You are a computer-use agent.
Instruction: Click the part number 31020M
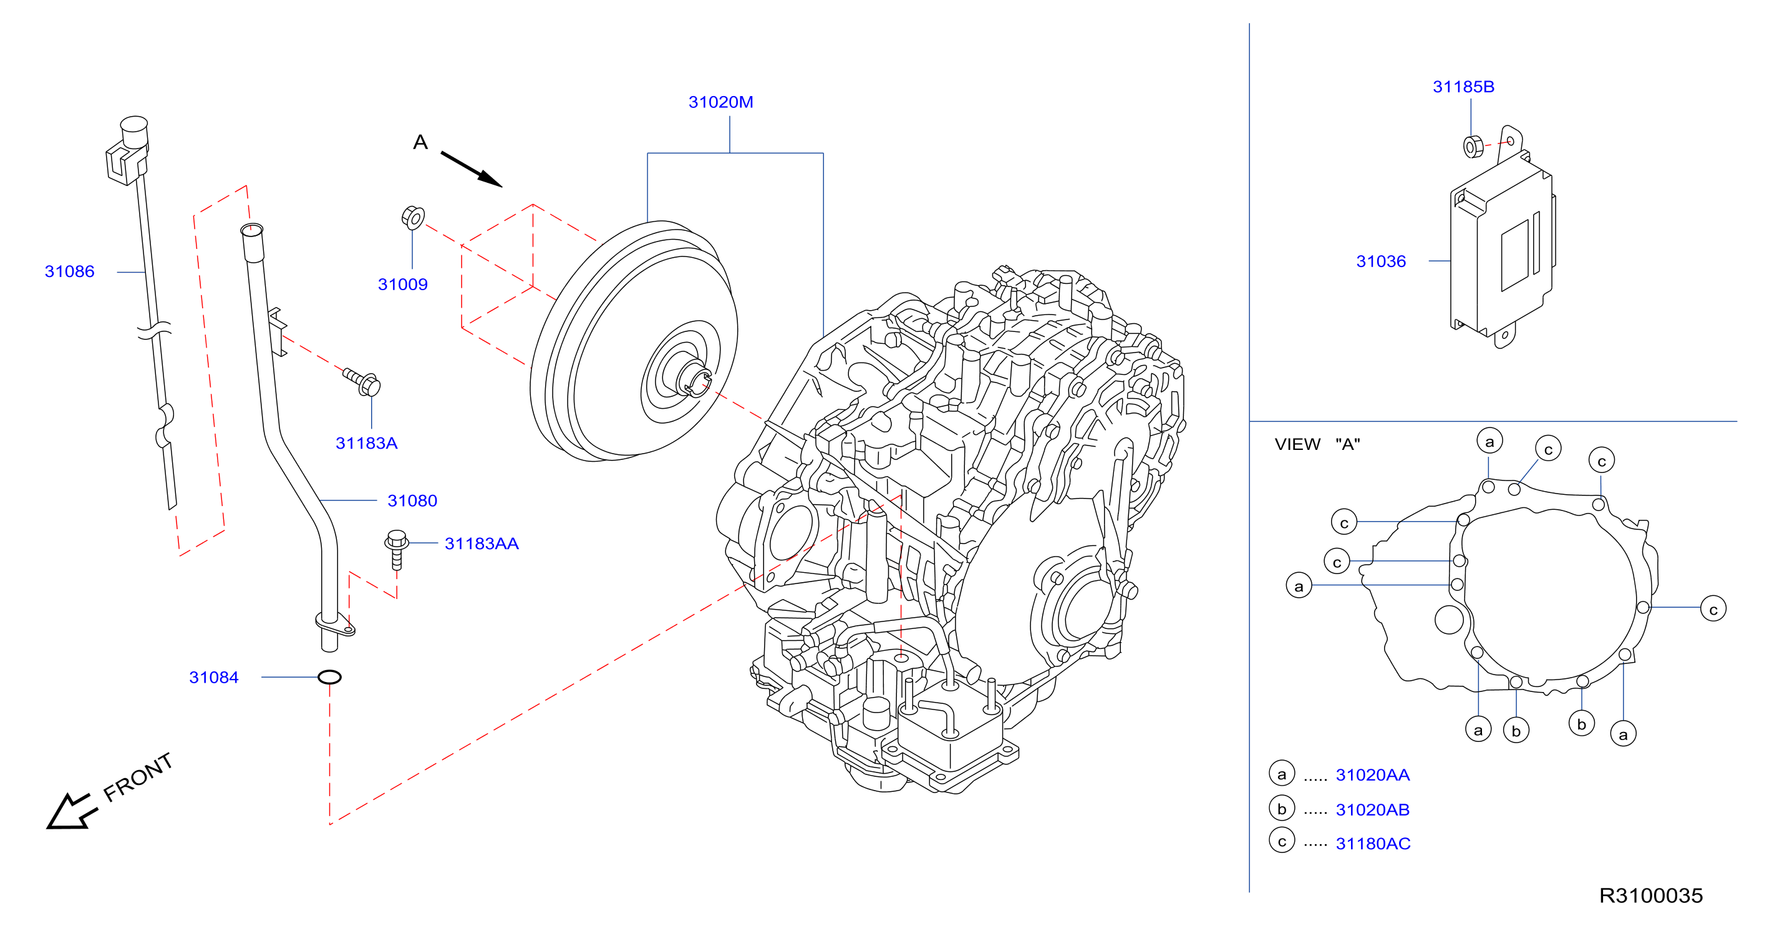click(x=720, y=102)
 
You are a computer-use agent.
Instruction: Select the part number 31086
click(x=69, y=271)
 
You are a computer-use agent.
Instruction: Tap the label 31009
click(x=402, y=285)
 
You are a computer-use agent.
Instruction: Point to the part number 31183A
click(x=366, y=443)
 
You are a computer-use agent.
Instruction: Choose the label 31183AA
click(x=482, y=543)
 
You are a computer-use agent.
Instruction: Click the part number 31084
click(x=214, y=677)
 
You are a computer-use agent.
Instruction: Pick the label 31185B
click(x=1463, y=87)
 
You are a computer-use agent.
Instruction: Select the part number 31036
click(x=1381, y=261)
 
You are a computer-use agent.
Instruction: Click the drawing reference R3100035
click(x=1650, y=895)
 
